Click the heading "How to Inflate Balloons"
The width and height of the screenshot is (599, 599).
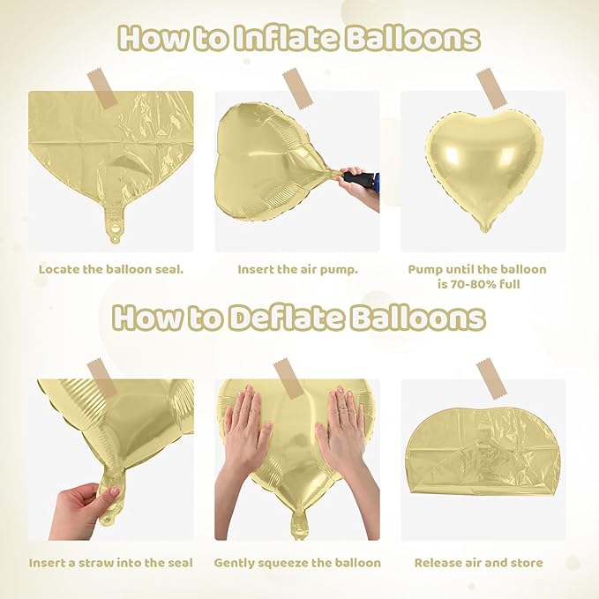coord(299,38)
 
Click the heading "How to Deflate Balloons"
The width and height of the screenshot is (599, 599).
coord(299,318)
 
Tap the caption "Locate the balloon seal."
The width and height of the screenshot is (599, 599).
coord(110,269)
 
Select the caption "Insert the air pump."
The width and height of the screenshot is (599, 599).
coord(297,269)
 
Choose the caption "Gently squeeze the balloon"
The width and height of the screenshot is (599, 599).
coord(297,562)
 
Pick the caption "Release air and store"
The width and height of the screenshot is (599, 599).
coord(478,562)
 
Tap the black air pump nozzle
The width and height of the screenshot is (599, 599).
coord(356,179)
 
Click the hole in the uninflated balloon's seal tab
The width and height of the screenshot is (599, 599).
coord(115,236)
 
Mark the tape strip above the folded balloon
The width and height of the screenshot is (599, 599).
coord(490,375)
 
